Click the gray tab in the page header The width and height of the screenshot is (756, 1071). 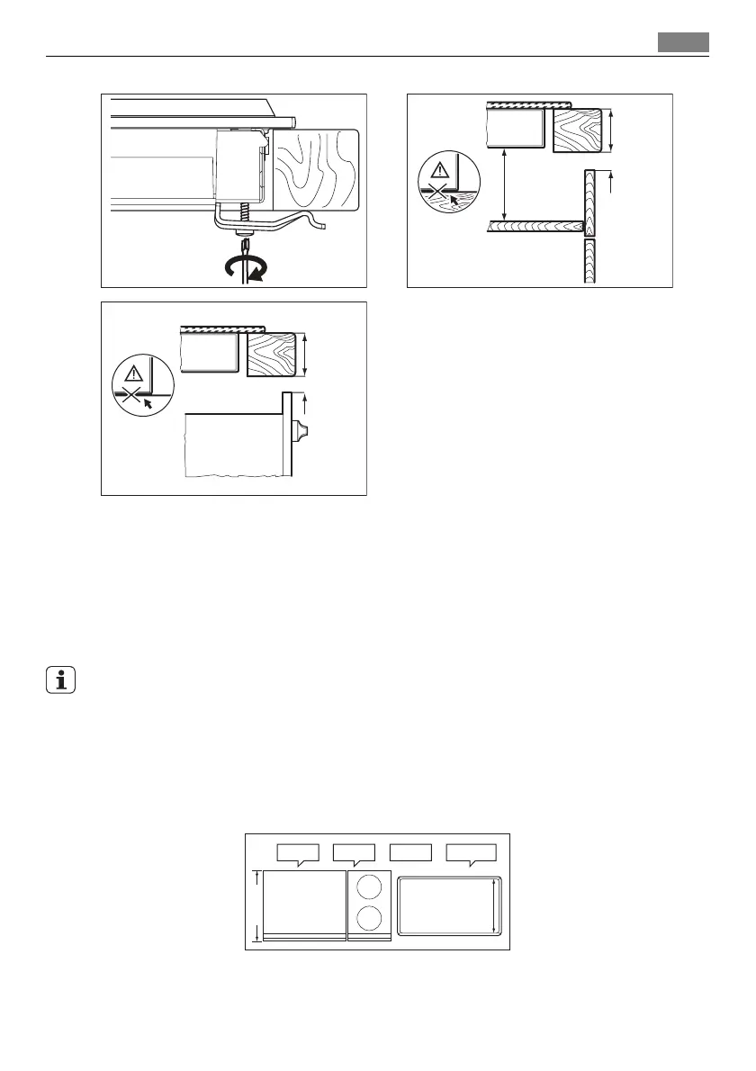[x=683, y=42]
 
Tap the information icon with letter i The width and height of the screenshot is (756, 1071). [x=60, y=681]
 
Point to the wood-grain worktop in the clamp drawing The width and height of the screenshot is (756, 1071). [x=315, y=169]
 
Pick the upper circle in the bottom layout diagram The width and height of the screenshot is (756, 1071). [x=368, y=886]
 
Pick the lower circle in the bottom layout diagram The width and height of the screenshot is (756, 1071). [x=368, y=919]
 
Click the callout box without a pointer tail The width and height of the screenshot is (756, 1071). [x=411, y=852]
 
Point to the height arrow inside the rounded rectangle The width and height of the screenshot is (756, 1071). [x=494, y=906]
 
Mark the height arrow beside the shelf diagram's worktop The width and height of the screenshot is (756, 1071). [x=612, y=130]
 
